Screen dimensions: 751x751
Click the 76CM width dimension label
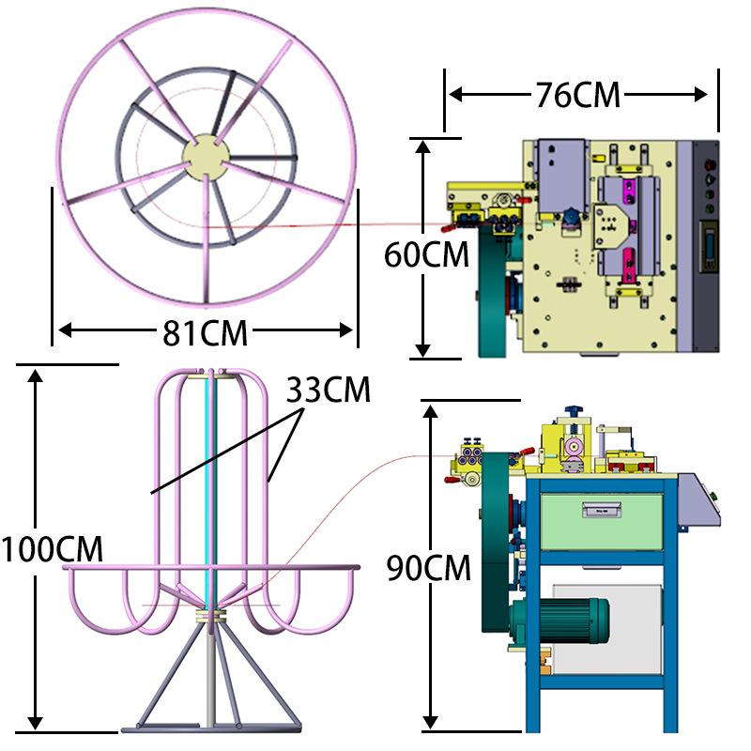577,95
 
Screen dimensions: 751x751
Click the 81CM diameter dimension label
205,333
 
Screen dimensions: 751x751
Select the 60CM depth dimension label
426,254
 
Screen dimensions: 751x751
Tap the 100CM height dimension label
52,549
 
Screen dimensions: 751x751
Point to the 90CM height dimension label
429,568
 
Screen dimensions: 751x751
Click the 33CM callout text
328,390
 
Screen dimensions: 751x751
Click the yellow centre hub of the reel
206,157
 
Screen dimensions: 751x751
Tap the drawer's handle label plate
602,510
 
